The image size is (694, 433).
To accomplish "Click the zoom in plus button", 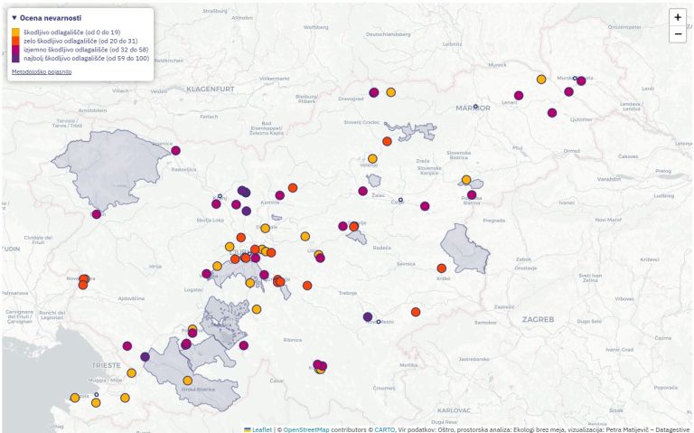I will (678, 17).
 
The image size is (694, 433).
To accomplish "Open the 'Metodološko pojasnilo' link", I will (42, 71).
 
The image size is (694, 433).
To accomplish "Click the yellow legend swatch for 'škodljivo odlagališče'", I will (17, 33).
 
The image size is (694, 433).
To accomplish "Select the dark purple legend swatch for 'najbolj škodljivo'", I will (17, 58).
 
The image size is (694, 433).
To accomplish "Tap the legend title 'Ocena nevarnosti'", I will (50, 18).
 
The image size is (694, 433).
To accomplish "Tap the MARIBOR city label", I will (474, 108).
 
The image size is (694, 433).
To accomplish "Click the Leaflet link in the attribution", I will (261, 428).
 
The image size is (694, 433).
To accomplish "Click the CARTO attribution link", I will (384, 428).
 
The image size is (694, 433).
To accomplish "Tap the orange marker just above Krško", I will (442, 268).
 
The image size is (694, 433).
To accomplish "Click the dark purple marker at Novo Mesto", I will (367, 316).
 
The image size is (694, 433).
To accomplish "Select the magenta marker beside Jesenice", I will (175, 151).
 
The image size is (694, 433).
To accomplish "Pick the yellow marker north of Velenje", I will (372, 158).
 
